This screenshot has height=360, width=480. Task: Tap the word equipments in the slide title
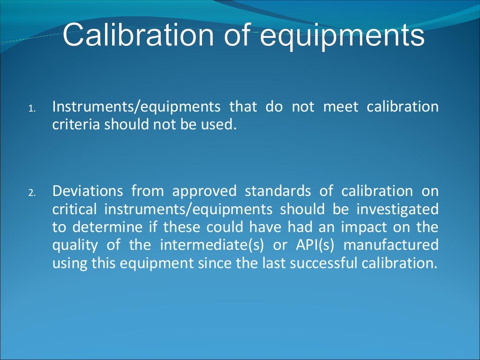click(342, 35)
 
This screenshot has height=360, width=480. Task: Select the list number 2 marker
click(31, 193)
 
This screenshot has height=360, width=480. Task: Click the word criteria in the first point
click(76, 125)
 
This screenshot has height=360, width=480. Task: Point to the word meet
click(341, 107)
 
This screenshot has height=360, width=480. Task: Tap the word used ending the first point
click(219, 125)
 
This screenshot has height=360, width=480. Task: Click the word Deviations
click(88, 191)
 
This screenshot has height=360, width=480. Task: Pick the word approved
click(203, 191)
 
